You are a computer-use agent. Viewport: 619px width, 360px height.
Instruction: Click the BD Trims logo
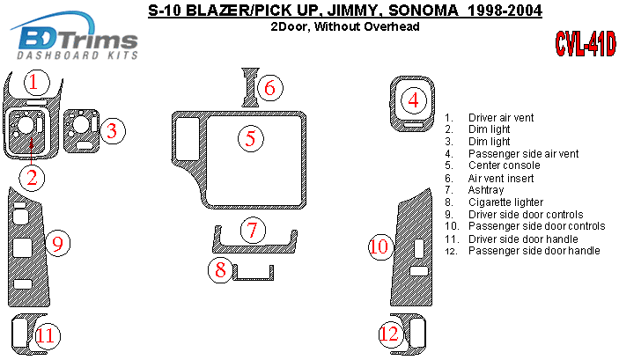[x=76, y=40]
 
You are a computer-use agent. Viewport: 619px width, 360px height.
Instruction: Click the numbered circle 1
[x=33, y=83]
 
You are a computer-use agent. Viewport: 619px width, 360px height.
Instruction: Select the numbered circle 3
[x=111, y=132]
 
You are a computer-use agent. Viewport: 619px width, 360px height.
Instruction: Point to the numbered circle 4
[x=413, y=100]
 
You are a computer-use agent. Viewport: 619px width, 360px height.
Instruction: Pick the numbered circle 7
[x=253, y=231]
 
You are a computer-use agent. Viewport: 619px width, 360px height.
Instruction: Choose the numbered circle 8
[x=219, y=270]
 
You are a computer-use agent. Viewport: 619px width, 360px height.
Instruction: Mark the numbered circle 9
[x=57, y=243]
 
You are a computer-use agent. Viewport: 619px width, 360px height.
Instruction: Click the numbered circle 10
[x=379, y=247]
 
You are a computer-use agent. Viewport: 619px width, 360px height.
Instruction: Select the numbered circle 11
[x=45, y=334]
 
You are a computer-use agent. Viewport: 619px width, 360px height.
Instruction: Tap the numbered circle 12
[x=389, y=334]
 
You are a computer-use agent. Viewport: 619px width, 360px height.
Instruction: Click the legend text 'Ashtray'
[x=486, y=190]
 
